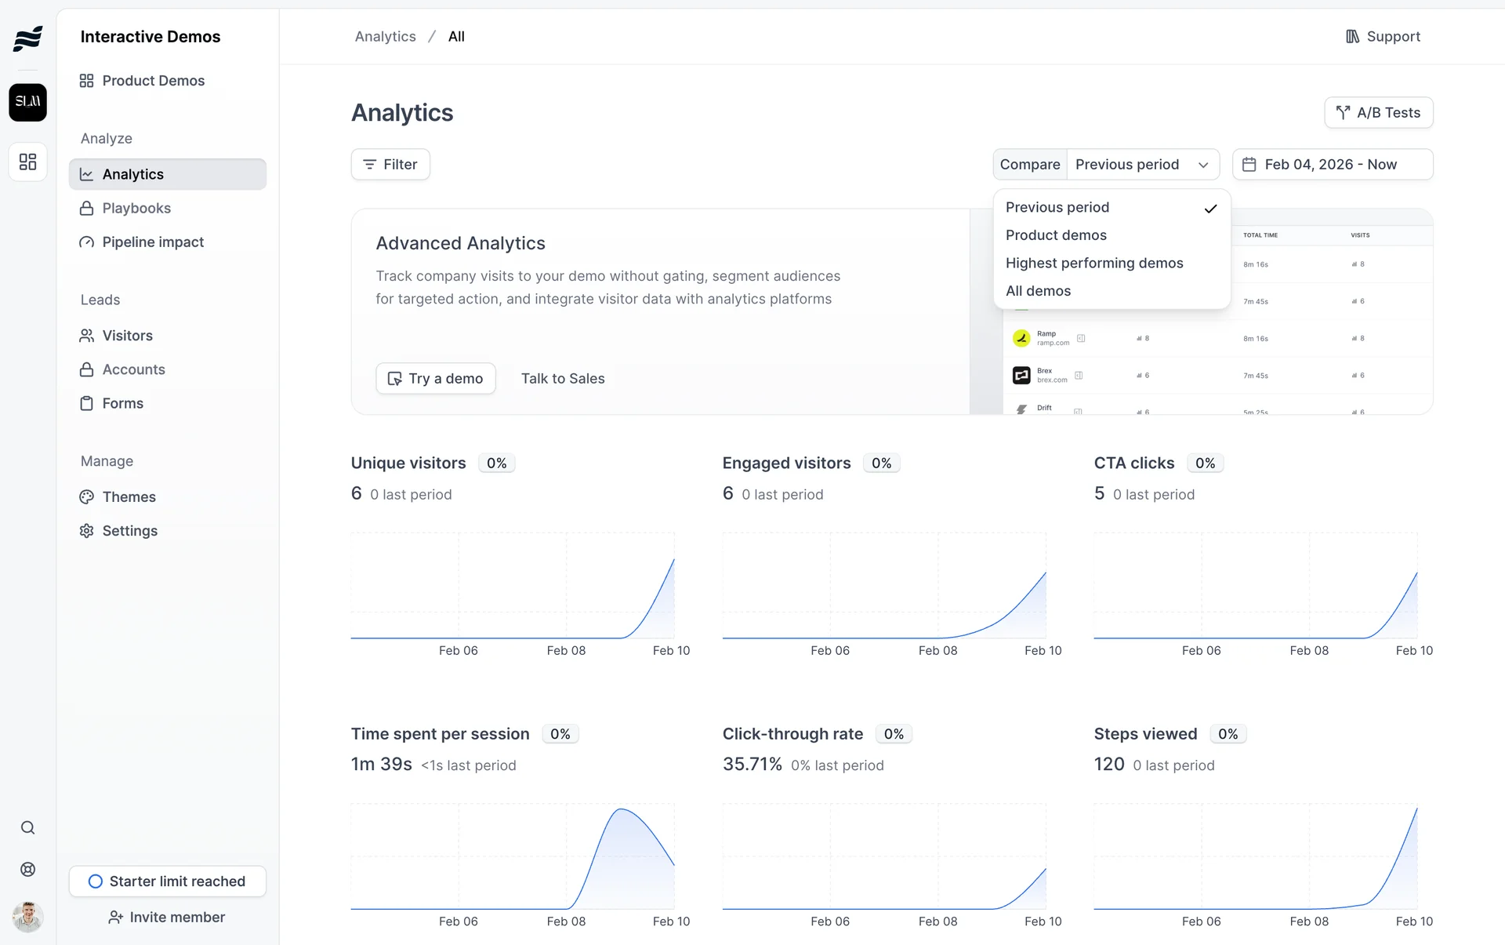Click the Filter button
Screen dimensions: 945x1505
tap(390, 165)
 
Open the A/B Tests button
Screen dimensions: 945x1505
tap(1378, 113)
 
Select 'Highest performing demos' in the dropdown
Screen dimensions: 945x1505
tap(1094, 264)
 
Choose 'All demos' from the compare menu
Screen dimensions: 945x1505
tap(1038, 291)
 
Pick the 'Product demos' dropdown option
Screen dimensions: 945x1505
tap(1056, 235)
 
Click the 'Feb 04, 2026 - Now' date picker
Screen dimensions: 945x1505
tap(1332, 165)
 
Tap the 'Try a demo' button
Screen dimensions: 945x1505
tap(436, 379)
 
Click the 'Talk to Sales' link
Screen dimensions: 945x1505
tap(563, 379)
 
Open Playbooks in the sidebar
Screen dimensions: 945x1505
tap(136, 209)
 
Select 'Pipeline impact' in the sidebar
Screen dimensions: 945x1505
tap(153, 242)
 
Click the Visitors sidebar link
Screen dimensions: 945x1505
tap(127, 336)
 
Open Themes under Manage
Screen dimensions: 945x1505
tap(129, 497)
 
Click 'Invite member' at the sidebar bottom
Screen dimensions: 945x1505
tap(167, 918)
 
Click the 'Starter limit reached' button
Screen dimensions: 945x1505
tap(167, 881)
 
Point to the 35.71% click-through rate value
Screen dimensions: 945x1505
tap(752, 765)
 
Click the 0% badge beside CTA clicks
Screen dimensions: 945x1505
tap(1205, 463)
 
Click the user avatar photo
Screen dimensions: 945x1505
tap(27, 917)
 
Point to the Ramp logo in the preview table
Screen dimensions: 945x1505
tap(1021, 338)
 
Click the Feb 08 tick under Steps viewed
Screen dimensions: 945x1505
tap(1309, 921)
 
